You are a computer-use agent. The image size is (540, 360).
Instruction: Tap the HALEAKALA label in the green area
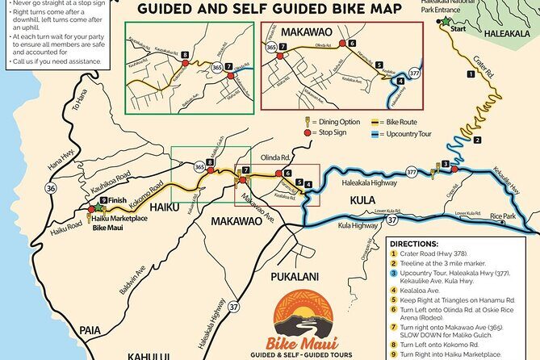coord(507,36)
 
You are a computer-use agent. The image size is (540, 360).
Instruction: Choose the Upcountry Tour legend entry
coord(404,131)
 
